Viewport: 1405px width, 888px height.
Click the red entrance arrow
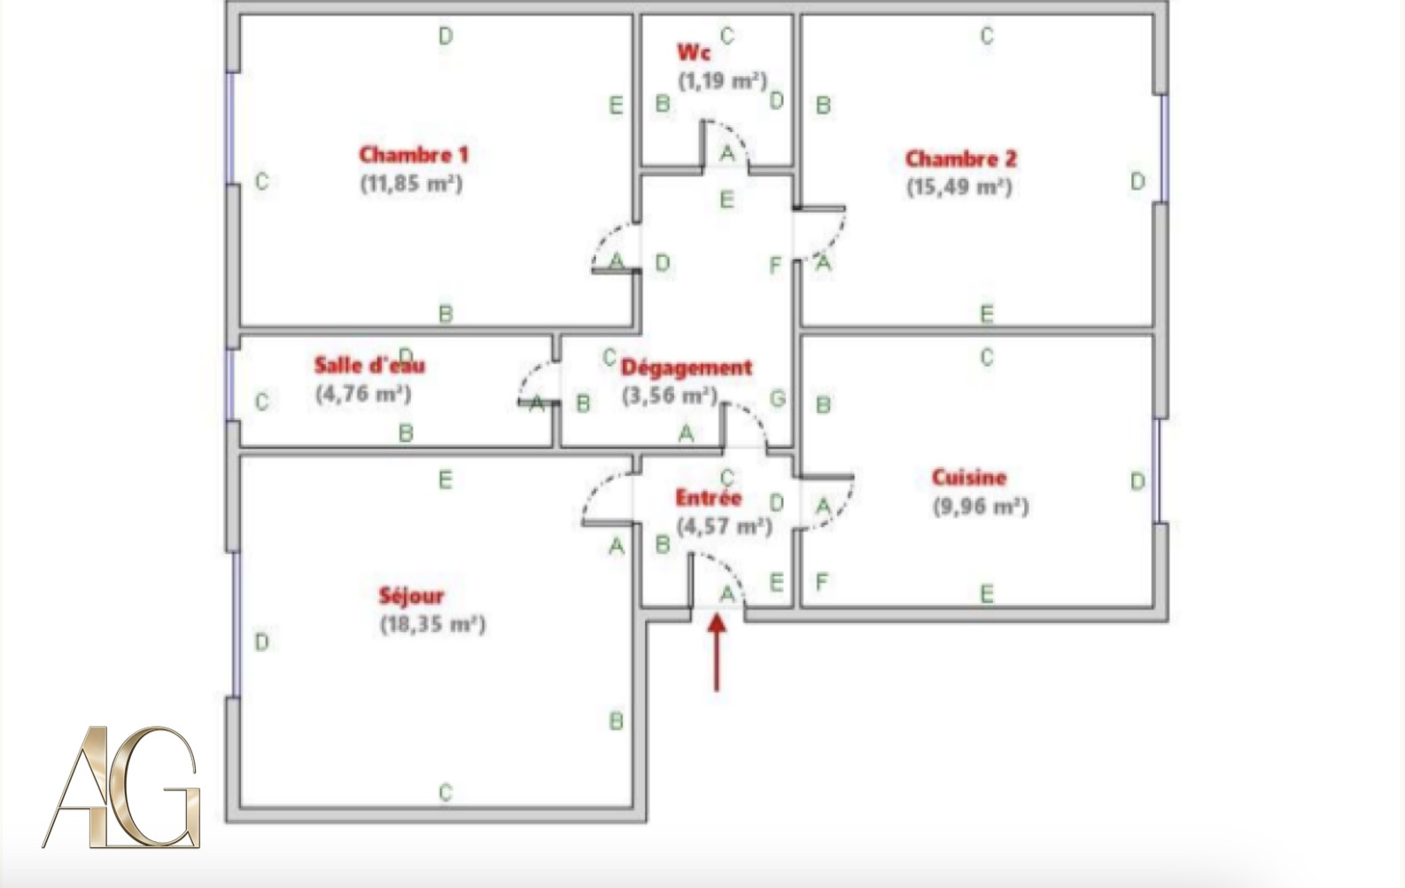click(717, 652)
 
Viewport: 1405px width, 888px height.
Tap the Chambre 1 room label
click(414, 154)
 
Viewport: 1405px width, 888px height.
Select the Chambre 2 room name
click(960, 159)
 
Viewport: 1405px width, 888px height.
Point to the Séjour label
click(411, 596)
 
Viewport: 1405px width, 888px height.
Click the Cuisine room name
click(969, 478)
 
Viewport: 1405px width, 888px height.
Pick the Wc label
click(694, 52)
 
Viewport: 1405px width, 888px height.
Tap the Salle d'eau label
click(369, 364)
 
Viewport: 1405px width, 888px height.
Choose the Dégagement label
click(687, 367)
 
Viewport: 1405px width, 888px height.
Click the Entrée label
click(709, 498)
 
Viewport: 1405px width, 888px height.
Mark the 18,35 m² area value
click(433, 625)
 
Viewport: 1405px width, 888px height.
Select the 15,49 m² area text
click(959, 187)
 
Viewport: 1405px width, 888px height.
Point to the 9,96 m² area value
click(981, 506)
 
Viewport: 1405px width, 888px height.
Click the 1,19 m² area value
click(723, 81)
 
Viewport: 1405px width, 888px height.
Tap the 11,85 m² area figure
click(411, 183)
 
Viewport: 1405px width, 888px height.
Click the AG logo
click(121, 787)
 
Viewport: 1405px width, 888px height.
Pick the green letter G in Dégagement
click(777, 398)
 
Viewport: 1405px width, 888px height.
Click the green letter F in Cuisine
click(822, 581)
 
